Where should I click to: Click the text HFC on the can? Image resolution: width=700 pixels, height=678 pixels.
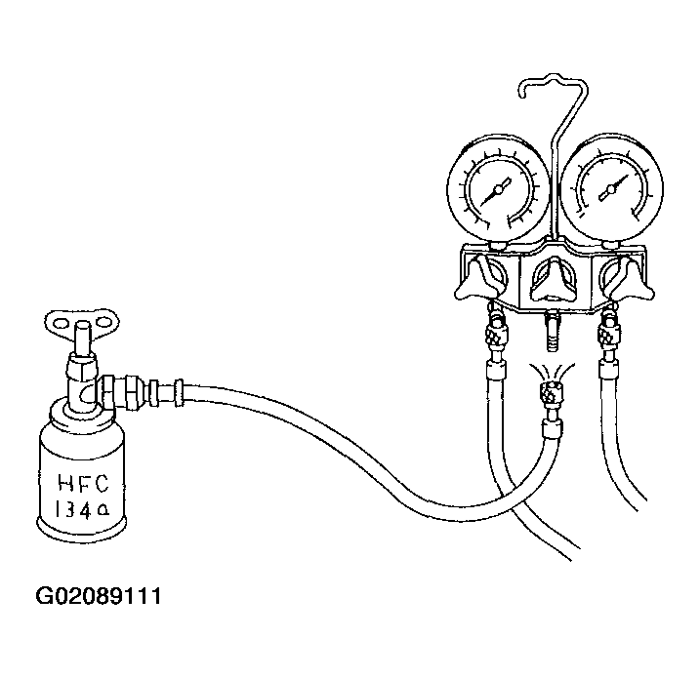[x=84, y=484]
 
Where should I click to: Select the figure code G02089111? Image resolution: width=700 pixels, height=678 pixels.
[x=99, y=596]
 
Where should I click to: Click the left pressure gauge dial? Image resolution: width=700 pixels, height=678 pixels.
[x=498, y=189]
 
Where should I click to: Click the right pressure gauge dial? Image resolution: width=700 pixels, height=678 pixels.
[x=611, y=188]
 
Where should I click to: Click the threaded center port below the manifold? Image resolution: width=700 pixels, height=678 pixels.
[x=552, y=333]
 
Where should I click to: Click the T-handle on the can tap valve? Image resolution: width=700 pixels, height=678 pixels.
[x=83, y=322]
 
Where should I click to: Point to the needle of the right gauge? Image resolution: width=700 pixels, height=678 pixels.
[x=612, y=188]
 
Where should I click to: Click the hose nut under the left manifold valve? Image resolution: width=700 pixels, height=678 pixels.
[x=496, y=334]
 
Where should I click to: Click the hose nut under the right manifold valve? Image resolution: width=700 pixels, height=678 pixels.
[x=609, y=334]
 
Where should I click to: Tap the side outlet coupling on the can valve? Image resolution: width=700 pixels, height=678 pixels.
[x=134, y=391]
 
